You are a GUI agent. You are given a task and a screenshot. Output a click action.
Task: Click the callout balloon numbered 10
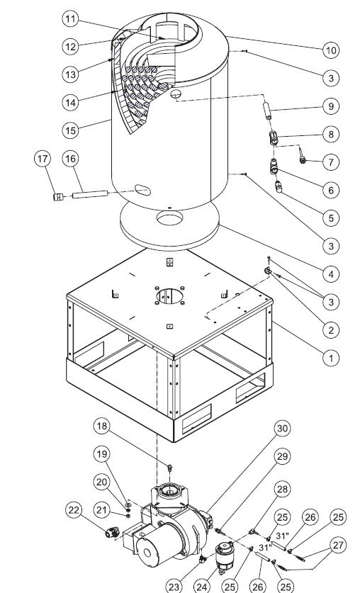pos(330,50)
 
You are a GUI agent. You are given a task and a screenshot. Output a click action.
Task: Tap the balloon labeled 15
pos(69,131)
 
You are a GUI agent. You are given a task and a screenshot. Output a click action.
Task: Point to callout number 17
pos(44,159)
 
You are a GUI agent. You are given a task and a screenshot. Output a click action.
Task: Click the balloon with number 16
pos(70,159)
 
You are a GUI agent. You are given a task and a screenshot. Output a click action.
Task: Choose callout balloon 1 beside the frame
pos(330,358)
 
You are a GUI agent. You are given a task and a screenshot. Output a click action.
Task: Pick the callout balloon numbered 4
pos(330,273)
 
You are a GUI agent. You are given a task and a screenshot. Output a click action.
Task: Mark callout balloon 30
pos(283,428)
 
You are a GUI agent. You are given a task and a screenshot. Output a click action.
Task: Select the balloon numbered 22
pos(74,509)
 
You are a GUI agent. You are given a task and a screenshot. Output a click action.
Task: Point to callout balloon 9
pos(330,106)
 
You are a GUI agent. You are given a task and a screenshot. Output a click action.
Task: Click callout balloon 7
pos(330,162)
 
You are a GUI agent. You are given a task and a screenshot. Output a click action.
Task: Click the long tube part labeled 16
pos(89,193)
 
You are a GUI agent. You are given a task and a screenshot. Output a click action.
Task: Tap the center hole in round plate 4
pos(170,220)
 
